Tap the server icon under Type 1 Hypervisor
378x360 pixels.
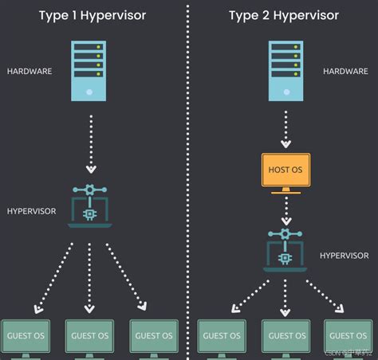[x=89, y=70]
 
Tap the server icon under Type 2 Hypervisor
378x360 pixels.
[x=285, y=70]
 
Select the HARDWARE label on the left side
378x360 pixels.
[x=30, y=71]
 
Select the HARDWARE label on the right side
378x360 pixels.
[x=345, y=71]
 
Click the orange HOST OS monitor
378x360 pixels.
[x=285, y=171]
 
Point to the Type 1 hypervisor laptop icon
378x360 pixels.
[x=89, y=205]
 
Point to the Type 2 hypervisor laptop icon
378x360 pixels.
[x=285, y=249]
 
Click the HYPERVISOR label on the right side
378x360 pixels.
[x=344, y=256]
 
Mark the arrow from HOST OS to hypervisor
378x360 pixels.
[x=285, y=210]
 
